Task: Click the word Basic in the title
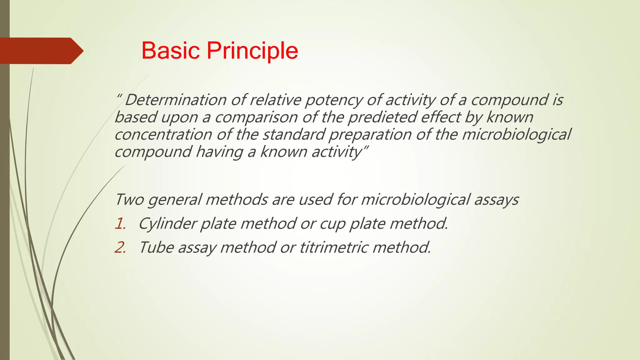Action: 170,51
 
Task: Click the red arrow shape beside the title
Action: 41,51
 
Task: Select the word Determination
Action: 176,100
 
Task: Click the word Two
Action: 129,199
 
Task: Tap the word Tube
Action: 156,247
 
